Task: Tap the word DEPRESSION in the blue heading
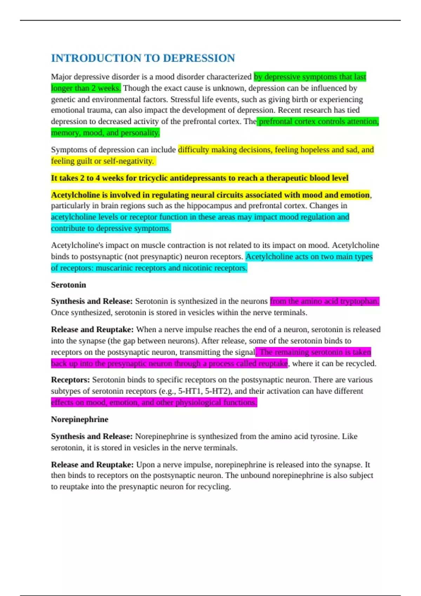(199, 58)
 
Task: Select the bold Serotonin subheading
(68, 285)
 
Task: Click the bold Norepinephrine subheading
(80, 419)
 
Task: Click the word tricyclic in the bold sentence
(153, 178)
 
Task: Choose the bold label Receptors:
(70, 380)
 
